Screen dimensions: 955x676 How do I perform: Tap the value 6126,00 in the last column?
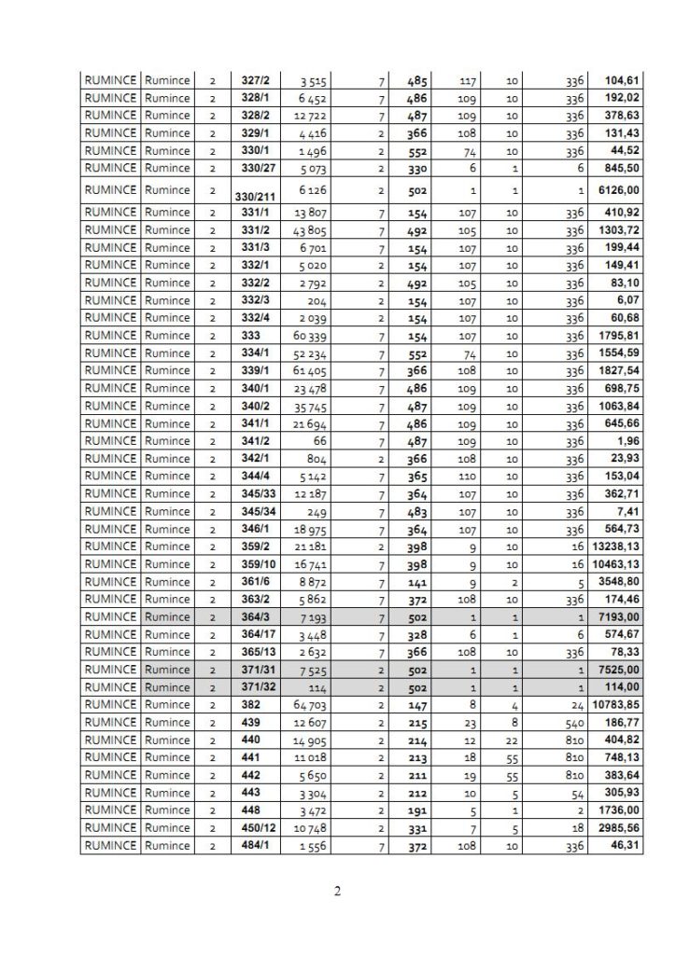point(618,190)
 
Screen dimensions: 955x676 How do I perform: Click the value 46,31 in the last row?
point(624,846)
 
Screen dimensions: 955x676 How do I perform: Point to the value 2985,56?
point(618,828)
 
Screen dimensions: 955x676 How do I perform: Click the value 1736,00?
point(618,810)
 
